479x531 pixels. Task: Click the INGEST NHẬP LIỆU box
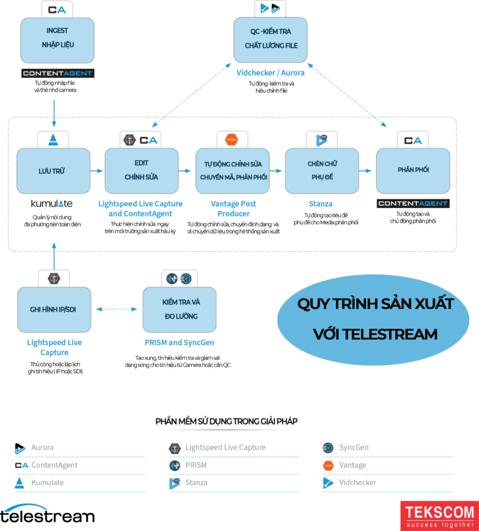pyautogui.click(x=58, y=40)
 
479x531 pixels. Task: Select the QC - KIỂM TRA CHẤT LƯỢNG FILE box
pyautogui.click(x=271, y=40)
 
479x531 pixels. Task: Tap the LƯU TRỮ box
pyautogui.click(x=53, y=171)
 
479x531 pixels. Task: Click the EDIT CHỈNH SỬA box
pyautogui.click(x=142, y=171)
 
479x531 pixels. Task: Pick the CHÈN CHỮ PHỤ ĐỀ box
pyautogui.click(x=321, y=171)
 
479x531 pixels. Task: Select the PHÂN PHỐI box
pyautogui.click(x=413, y=171)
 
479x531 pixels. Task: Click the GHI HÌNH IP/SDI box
pyautogui.click(x=54, y=310)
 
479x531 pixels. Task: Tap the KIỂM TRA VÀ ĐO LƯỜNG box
pyautogui.click(x=179, y=310)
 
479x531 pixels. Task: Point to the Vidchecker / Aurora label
pyautogui.click(x=271, y=73)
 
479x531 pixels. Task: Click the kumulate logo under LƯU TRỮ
pyautogui.click(x=52, y=203)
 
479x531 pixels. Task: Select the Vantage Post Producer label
pyautogui.click(x=233, y=208)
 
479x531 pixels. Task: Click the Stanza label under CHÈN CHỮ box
pyautogui.click(x=321, y=203)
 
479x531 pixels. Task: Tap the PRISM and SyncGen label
pyautogui.click(x=179, y=342)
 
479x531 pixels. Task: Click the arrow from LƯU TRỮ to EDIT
pyautogui.click(x=97, y=171)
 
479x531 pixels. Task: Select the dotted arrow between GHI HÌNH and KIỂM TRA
pyautogui.click(x=117, y=310)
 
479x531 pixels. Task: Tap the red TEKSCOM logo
pyautogui.click(x=440, y=515)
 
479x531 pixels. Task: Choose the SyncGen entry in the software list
pyautogui.click(x=354, y=448)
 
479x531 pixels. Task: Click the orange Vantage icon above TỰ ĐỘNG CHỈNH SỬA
pyautogui.click(x=231, y=139)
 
